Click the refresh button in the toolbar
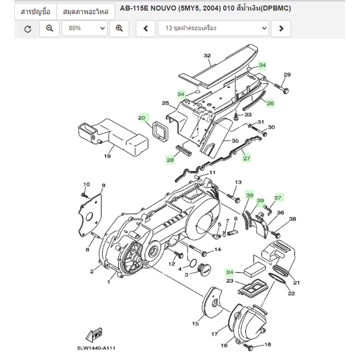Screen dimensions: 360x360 tap(28, 29)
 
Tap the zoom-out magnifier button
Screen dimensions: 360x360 tap(49, 28)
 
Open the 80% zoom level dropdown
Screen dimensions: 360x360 tap(85, 28)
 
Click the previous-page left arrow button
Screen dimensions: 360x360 tap(145, 28)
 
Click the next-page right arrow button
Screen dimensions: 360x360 tap(281, 28)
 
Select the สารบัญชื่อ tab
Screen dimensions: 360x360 tap(36, 11)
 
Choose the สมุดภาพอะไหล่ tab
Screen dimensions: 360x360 tap(86, 11)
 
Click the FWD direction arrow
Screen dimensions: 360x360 tap(94, 334)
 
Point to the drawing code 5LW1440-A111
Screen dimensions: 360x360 tap(96, 348)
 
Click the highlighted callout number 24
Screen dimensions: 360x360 tap(229, 272)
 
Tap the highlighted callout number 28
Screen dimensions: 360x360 tap(170, 160)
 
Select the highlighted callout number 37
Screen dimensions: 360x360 tap(278, 197)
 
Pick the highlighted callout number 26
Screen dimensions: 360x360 tap(270, 103)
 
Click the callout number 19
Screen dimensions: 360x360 tap(107, 156)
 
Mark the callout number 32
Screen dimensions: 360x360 tap(207, 56)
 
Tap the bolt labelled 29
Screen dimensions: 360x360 tap(281, 88)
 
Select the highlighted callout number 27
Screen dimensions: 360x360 tap(246, 158)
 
